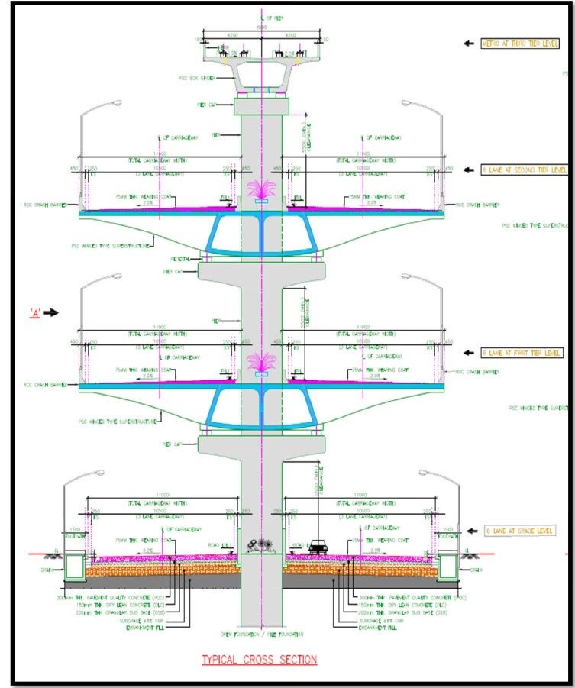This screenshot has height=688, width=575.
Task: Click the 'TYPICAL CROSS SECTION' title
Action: (x=259, y=659)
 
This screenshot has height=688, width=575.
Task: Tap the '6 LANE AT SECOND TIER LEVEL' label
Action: (x=525, y=170)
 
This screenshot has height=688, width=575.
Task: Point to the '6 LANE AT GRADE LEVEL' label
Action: (x=519, y=530)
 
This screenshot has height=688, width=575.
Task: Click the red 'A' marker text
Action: (x=34, y=312)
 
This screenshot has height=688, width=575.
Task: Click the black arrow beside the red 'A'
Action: (x=52, y=312)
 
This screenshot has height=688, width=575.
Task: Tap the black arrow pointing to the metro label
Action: (x=470, y=44)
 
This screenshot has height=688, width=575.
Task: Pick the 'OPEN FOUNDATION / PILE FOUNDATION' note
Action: (x=262, y=634)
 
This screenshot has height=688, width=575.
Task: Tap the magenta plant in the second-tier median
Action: (x=262, y=190)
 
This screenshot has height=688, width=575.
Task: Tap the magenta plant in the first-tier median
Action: (x=262, y=365)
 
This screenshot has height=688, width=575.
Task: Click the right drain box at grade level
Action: (x=447, y=566)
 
